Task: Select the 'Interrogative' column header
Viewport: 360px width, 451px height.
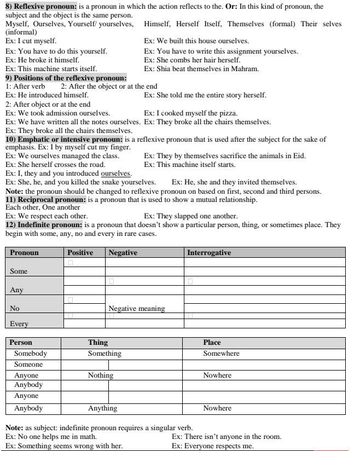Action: coord(209,253)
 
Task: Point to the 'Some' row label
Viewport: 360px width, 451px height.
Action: coord(19,271)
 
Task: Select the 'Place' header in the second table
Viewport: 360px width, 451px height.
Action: coord(212,343)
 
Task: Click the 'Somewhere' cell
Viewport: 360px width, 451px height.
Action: coord(221,354)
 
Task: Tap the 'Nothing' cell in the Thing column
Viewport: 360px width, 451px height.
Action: coord(101,375)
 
